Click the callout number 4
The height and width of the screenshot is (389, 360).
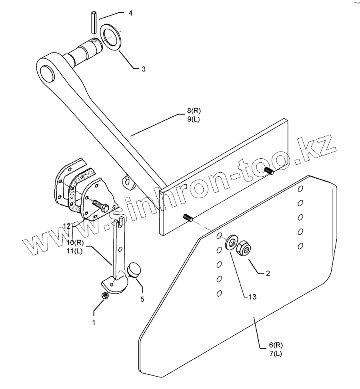pyautogui.click(x=130, y=13)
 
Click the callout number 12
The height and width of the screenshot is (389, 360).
pyautogui.click(x=67, y=226)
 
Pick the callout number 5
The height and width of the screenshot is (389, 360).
pyautogui.click(x=142, y=298)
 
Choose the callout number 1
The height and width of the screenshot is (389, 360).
pyautogui.click(x=94, y=322)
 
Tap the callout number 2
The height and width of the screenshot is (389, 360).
pyautogui.click(x=268, y=273)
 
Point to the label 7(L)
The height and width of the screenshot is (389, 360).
pyautogui.click(x=276, y=353)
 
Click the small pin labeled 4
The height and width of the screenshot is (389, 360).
pyautogui.click(x=93, y=23)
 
